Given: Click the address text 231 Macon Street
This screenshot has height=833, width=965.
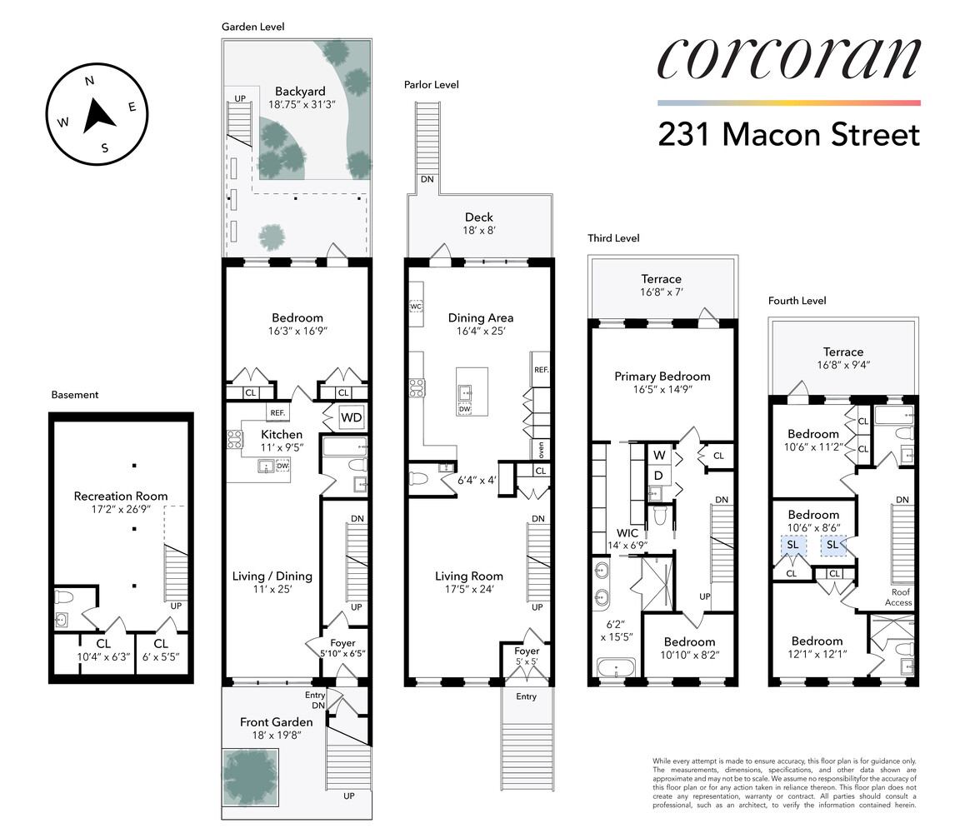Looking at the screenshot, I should [788, 134].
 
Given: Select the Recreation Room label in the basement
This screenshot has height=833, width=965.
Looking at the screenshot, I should [121, 496].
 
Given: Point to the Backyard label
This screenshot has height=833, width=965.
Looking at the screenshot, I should [297, 92].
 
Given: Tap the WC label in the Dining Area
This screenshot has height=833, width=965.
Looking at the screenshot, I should [416, 307].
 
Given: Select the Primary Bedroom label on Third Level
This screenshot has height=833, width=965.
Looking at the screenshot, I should [662, 377].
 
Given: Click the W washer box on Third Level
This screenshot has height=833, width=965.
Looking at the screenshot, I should [658, 455].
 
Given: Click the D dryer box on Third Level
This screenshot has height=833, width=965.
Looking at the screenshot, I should [658, 475].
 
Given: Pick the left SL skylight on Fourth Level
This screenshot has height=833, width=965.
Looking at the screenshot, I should [792, 545].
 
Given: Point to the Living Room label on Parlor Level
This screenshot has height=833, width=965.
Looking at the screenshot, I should [469, 576].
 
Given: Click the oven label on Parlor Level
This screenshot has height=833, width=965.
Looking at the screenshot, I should [541, 450].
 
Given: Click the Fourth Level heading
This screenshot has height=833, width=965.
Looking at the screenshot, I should [797, 301].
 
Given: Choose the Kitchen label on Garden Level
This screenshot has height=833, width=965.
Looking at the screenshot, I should [282, 435].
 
